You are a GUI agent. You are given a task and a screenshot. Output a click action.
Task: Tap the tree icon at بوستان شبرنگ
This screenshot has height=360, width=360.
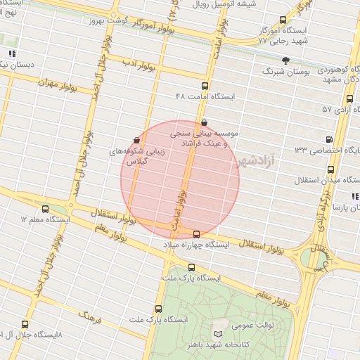[285, 60]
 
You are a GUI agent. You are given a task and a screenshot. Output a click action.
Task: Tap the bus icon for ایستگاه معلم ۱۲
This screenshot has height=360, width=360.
[46, 209]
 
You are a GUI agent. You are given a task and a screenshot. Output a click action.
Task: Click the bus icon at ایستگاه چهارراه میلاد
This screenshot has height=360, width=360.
[196, 233]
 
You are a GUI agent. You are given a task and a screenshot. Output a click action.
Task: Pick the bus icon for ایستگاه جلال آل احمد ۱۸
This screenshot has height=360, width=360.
[26, 324]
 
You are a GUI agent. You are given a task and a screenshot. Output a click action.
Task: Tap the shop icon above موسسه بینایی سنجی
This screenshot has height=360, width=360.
[204, 122]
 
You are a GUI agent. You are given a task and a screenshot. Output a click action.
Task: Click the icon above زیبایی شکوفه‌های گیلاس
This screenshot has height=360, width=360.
[136, 141]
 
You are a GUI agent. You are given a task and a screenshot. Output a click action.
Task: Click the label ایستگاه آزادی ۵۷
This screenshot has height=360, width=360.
[340, 110]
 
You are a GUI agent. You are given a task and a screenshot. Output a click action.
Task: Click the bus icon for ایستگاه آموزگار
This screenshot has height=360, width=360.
[283, 20]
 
